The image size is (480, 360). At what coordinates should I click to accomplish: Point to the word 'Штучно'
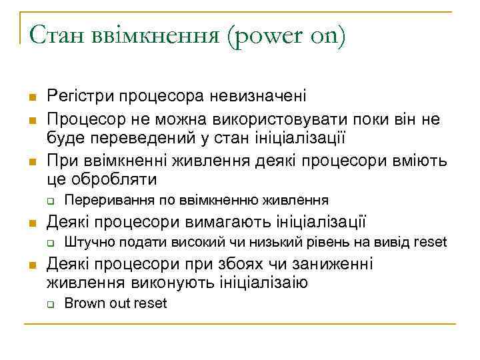83,242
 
